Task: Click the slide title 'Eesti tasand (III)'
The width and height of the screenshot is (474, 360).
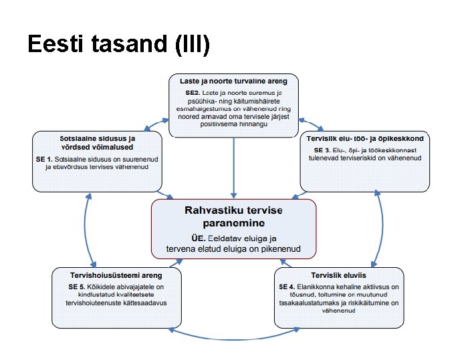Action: (119, 44)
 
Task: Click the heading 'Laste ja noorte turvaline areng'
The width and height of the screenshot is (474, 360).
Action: (233, 81)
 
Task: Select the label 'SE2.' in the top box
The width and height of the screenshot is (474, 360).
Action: (193, 91)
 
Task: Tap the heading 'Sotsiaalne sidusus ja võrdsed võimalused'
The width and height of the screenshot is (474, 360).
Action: (98, 142)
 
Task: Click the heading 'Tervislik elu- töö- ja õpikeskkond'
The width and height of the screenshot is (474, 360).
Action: (365, 138)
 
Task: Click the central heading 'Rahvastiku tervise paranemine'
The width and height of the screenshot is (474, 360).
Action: (233, 216)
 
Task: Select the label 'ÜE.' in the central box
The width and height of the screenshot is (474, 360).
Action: (199, 238)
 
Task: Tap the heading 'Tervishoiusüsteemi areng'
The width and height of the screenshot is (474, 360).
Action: (116, 275)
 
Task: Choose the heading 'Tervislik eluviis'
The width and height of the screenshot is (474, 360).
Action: (338, 275)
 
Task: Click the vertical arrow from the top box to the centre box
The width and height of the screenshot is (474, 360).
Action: (233, 167)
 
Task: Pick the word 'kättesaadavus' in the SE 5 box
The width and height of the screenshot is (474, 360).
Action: (144, 303)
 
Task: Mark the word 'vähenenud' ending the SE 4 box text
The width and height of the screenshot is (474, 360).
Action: (338, 311)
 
